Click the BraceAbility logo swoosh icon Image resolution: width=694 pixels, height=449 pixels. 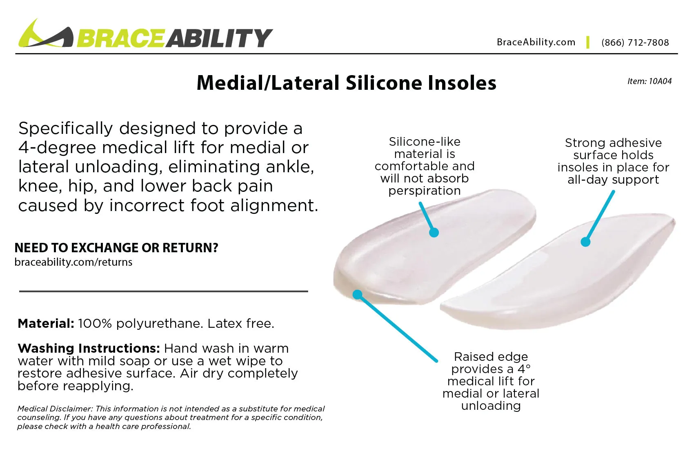45,35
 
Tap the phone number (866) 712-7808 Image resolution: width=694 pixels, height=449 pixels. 635,42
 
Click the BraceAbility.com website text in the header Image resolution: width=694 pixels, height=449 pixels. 536,42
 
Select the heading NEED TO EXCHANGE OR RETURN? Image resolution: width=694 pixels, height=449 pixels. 116,248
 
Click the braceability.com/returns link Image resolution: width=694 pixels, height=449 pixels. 73,262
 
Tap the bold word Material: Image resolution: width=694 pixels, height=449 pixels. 46,324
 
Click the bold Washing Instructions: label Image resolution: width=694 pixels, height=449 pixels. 89,349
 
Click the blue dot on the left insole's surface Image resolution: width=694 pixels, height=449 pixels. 434,233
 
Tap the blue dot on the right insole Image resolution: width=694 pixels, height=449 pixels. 585,242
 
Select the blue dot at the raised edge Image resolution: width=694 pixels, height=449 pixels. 358,294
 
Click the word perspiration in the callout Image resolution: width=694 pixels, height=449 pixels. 425,191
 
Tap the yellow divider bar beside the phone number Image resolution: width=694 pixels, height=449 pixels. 587,42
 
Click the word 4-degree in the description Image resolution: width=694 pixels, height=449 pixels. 57,148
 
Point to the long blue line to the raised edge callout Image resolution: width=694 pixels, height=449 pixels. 398,328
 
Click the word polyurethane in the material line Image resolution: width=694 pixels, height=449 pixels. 159,324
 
